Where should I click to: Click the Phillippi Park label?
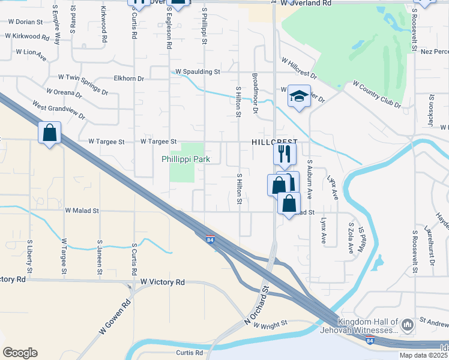coord(185,160)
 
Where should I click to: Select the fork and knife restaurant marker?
coord(285,154)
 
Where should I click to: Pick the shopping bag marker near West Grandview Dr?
coord(50,133)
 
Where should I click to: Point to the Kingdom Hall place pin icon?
coord(408,325)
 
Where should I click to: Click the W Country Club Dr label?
coord(377,94)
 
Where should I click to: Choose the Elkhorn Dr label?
coord(129,78)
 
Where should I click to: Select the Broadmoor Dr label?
coord(255,93)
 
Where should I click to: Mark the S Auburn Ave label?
coord(310,179)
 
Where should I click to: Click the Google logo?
coord(20,353)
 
